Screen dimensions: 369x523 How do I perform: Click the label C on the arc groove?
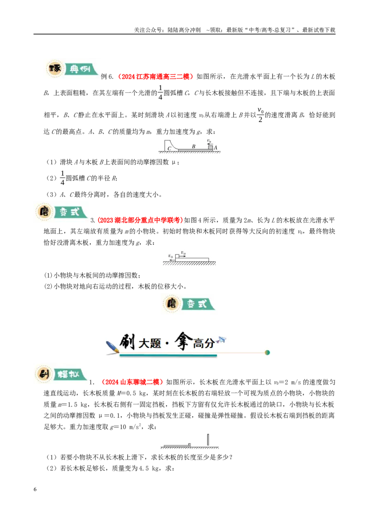[170, 148]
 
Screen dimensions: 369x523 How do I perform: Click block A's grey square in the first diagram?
[210, 147]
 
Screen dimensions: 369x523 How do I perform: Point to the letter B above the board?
[193, 146]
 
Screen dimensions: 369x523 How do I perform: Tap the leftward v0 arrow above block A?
[210, 144]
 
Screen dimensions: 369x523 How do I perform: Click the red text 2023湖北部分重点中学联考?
[140, 220]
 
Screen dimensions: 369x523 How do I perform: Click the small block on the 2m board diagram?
[177, 256]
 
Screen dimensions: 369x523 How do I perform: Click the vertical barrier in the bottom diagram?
[208, 440]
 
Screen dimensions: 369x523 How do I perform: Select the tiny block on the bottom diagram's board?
[190, 444]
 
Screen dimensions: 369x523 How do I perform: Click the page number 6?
[35, 489]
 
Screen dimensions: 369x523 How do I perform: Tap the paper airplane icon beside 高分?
[221, 340]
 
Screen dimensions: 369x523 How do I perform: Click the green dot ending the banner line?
[267, 353]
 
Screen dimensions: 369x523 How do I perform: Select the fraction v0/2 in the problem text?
[261, 115]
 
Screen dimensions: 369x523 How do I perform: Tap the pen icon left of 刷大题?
[112, 347]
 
